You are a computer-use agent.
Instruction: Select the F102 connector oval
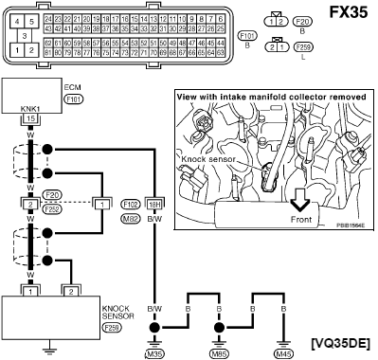pyautogui.click(x=133, y=203)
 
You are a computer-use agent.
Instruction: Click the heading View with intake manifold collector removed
pyautogui.click(x=267, y=97)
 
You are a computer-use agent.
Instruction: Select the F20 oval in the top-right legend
pyautogui.click(x=303, y=20)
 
